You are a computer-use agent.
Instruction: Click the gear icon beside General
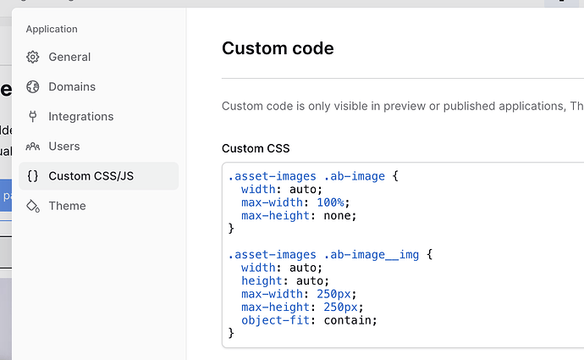(33, 57)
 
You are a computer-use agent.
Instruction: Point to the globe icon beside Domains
(33, 87)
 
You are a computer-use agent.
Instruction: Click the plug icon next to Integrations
(33, 117)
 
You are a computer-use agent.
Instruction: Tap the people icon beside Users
(33, 147)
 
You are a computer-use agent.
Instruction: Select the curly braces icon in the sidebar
(33, 176)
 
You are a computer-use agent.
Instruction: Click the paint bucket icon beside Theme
(33, 206)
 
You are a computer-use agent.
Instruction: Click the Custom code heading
(278, 48)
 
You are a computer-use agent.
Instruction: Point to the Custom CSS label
(256, 148)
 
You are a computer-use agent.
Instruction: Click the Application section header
(52, 29)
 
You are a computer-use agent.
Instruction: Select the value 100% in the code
(330, 202)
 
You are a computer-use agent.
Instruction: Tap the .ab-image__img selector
(372, 254)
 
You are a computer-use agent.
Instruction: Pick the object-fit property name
(275, 320)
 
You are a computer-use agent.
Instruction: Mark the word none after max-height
(337, 215)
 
